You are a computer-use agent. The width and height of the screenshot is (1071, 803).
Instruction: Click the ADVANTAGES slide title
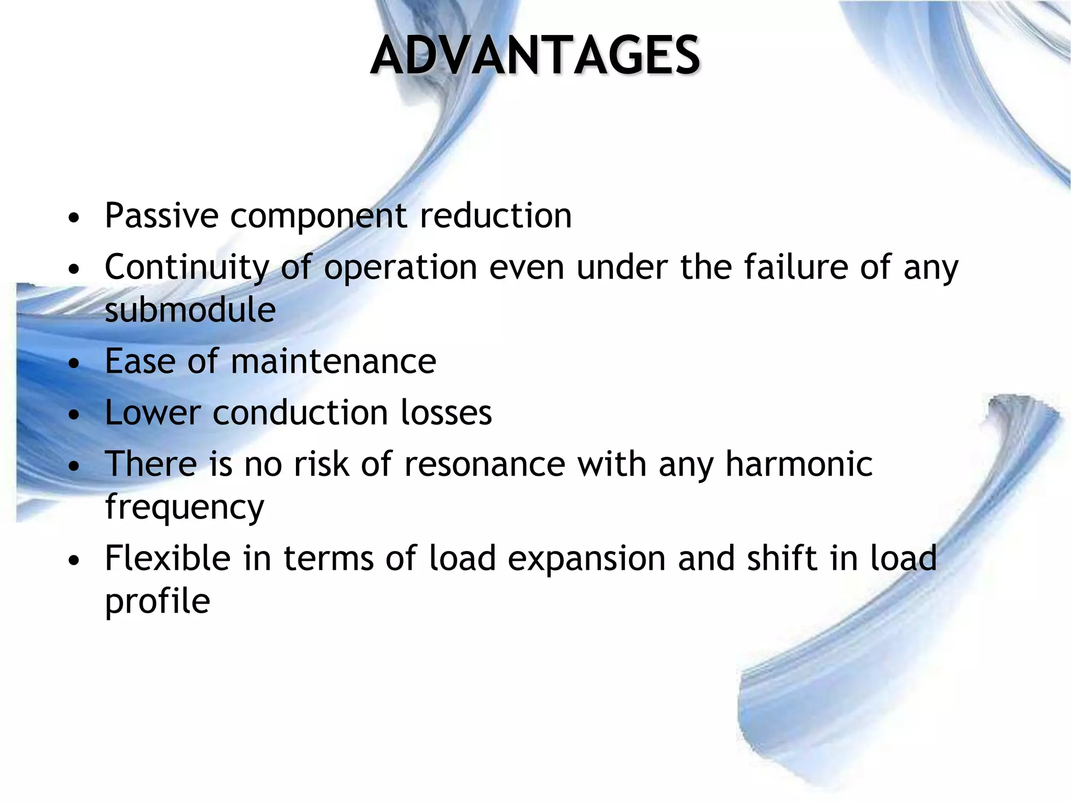tap(535, 55)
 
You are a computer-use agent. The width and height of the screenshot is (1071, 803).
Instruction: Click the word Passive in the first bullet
tap(162, 215)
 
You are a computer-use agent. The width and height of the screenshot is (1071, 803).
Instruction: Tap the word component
tap(318, 216)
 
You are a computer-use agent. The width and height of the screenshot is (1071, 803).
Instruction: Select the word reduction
tap(496, 215)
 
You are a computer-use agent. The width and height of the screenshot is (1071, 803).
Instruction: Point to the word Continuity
tap(187, 268)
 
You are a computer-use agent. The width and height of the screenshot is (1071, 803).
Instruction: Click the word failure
tap(795, 267)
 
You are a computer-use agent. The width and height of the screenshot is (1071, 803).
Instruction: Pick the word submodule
tap(190, 309)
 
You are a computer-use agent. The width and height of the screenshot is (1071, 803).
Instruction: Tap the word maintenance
tap(333, 361)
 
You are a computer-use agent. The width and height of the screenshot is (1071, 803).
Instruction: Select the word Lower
tap(153, 412)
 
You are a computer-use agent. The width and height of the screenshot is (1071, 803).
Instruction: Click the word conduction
tap(300, 412)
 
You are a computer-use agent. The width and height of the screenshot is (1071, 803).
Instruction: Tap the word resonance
tap(485, 464)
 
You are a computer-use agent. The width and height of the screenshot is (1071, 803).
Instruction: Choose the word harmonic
tap(799, 464)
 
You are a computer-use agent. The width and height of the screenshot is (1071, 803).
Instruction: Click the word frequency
tap(185, 508)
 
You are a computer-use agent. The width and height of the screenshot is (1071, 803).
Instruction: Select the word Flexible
tap(167, 558)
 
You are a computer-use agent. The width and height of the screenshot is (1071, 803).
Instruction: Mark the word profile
tap(157, 601)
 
